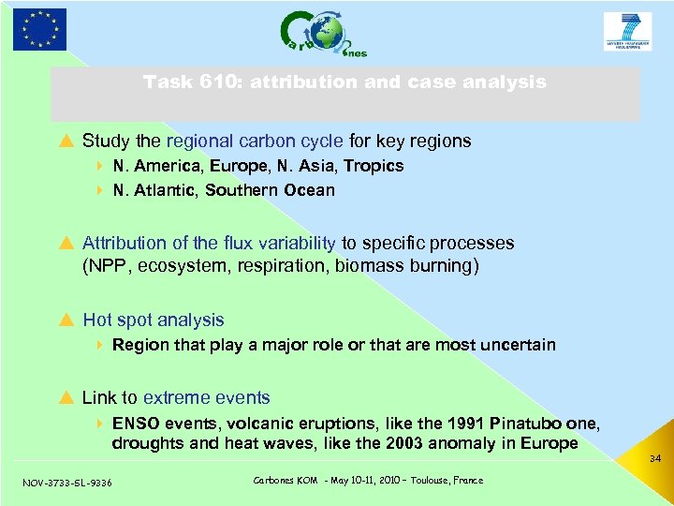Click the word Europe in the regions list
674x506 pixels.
(x=238, y=166)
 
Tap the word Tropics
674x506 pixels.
(x=374, y=166)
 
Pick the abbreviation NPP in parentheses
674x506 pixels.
(x=107, y=266)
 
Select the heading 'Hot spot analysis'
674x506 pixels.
(x=154, y=320)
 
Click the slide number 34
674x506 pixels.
(x=654, y=459)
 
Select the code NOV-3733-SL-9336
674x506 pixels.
(x=66, y=483)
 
